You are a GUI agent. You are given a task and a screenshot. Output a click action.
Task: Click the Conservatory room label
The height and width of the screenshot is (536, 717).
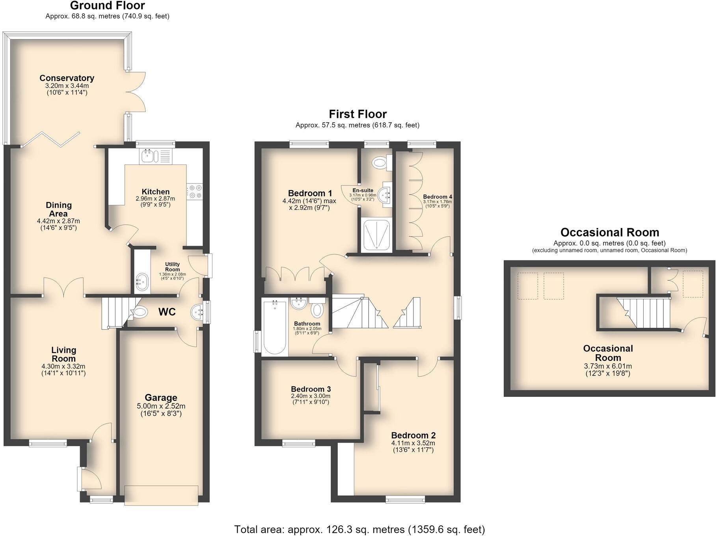[x=67, y=78]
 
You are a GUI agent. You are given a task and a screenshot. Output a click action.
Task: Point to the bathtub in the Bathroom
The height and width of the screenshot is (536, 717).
[x=274, y=327]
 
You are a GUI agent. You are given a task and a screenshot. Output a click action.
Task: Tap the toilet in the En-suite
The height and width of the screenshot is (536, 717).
[x=382, y=162]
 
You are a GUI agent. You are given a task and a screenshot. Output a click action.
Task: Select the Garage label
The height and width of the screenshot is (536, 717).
[x=161, y=398]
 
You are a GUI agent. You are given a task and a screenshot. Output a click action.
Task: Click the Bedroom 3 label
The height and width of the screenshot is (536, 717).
[x=311, y=389]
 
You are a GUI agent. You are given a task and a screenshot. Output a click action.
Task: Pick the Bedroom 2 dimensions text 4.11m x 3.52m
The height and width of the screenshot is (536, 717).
[x=413, y=443]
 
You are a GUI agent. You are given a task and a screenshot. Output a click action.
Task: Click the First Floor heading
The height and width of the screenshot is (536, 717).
[x=358, y=114]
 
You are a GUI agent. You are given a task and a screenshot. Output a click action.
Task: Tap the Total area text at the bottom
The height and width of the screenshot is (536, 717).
[x=359, y=529]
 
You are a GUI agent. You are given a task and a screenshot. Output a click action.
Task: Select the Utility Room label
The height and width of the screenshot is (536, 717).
[x=172, y=267]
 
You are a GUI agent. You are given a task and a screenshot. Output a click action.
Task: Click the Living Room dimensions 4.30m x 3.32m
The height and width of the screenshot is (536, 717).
[x=63, y=366]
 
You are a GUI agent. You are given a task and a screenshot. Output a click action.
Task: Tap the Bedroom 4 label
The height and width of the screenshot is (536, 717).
[x=438, y=196]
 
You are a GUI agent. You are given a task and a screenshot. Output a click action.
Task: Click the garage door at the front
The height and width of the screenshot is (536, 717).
[x=161, y=495]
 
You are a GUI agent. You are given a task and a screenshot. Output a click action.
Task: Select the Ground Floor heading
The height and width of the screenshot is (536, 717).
[x=108, y=6]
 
